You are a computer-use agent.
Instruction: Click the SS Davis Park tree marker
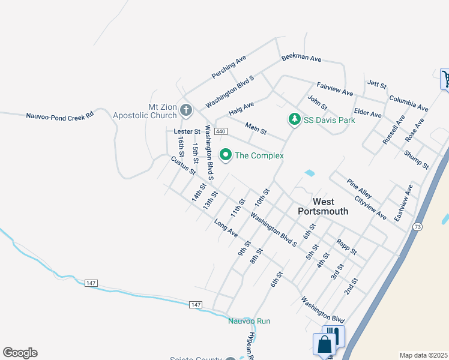coord(294,120)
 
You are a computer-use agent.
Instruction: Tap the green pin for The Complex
coord(226,155)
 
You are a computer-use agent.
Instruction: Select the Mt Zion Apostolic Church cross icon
coord(186,111)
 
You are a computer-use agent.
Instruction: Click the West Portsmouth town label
coord(324,206)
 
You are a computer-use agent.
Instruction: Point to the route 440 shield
coord(220,131)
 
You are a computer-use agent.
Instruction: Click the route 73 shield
coord(417,227)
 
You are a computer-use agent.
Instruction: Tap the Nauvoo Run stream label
coord(249,321)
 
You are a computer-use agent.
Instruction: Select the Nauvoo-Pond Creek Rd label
coord(61,115)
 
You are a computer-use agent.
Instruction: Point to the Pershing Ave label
coord(229,67)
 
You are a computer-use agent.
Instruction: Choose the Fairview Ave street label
coord(335,89)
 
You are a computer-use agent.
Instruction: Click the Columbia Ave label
coord(408,103)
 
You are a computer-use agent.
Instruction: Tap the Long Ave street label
coord(226,227)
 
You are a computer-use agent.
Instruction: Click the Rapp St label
coord(347,246)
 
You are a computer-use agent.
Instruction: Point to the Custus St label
coord(183,165)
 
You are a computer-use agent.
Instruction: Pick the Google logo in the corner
coord(20,353)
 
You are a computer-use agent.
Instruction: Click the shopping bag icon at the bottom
coord(324,345)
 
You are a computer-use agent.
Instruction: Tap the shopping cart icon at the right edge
coord(446,78)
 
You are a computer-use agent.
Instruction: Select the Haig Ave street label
coord(241,109)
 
